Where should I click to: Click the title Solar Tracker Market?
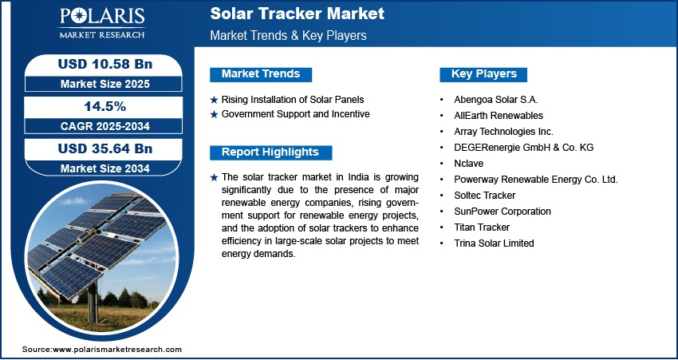tap(297, 14)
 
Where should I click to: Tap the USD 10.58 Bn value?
tap(105, 65)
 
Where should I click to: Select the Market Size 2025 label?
tap(105, 84)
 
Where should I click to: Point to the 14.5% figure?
tap(105, 106)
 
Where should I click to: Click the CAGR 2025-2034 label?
tap(105, 126)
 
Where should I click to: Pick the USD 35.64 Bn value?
tap(105, 148)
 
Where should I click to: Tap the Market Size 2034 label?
tap(105, 168)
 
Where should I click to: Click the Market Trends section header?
tap(261, 74)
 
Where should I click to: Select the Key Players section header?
tap(484, 74)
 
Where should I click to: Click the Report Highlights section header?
tap(270, 152)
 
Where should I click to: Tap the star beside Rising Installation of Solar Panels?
tap(214, 101)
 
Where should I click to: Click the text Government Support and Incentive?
tap(296, 114)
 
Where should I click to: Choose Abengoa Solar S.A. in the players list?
tap(496, 100)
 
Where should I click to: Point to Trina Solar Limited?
tap(494, 243)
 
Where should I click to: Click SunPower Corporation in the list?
tap(503, 212)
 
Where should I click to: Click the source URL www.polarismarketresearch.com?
tap(117, 349)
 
